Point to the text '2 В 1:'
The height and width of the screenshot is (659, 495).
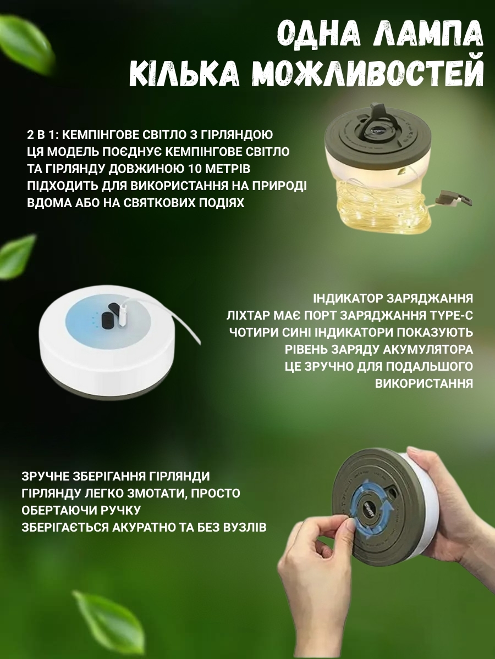tap(42, 135)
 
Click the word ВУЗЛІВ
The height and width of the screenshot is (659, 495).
tap(243, 528)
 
